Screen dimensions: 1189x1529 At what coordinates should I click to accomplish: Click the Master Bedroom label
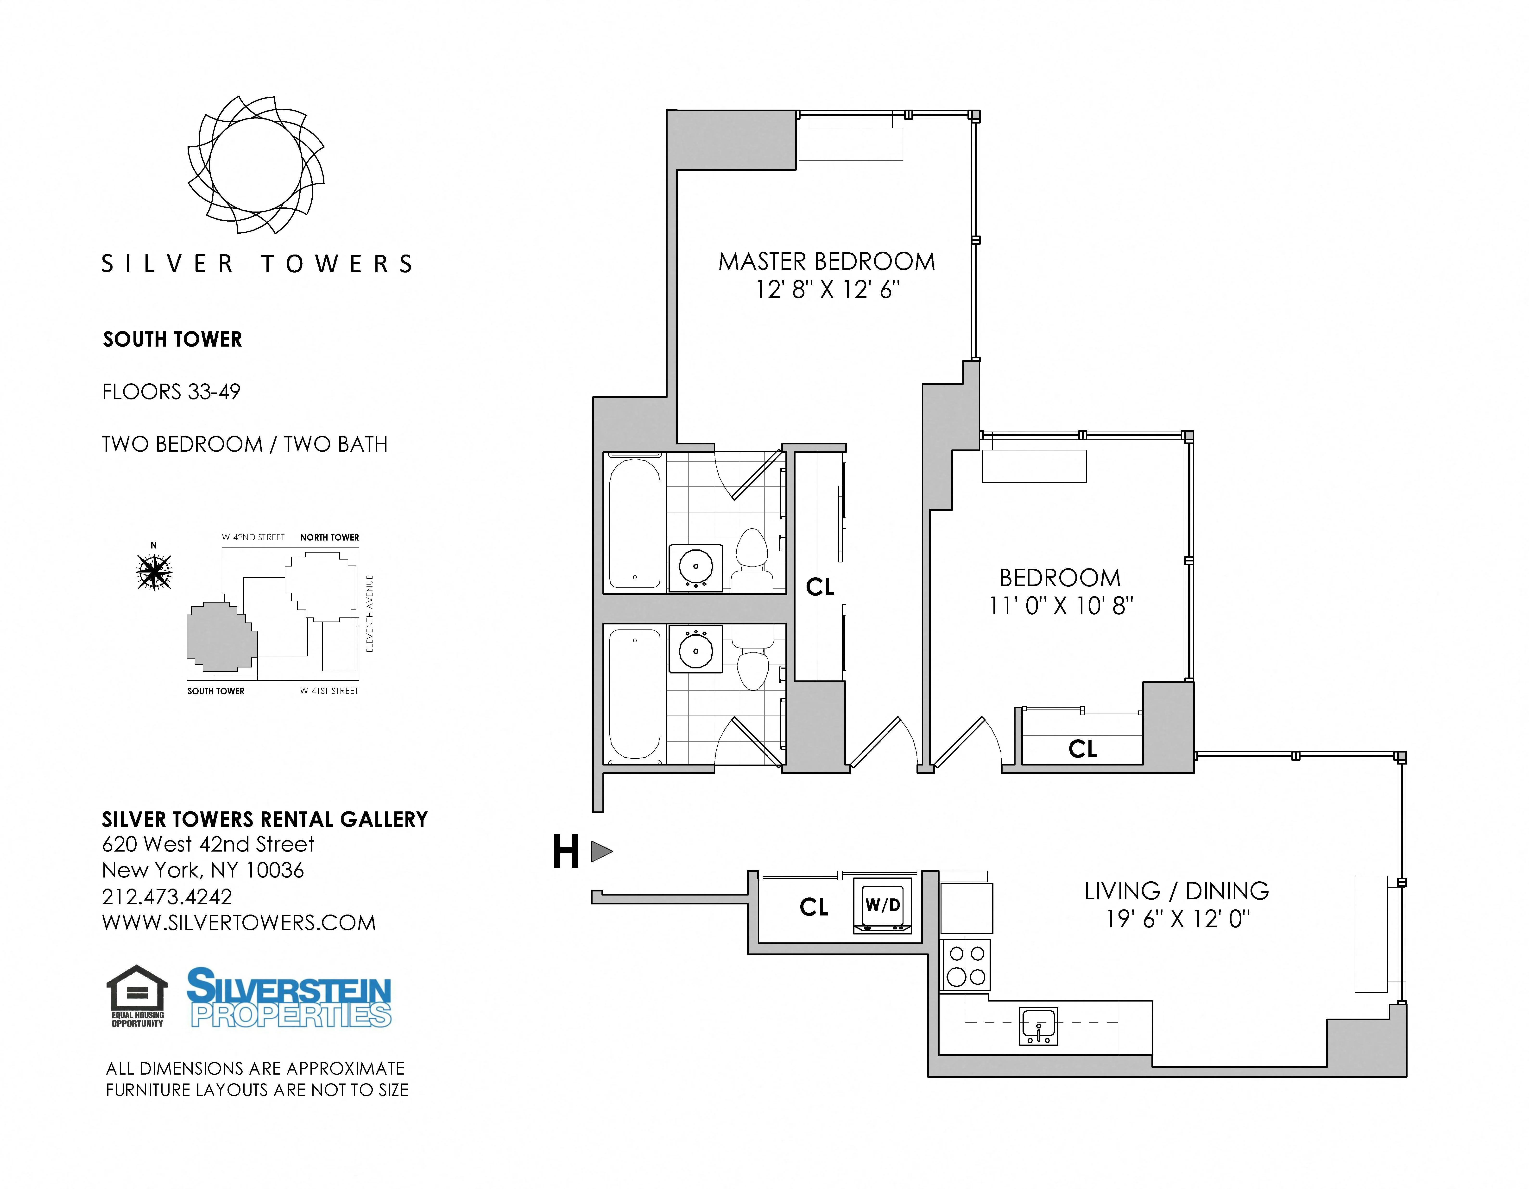pyautogui.click(x=826, y=262)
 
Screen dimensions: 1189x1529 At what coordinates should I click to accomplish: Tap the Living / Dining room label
pyautogui.click(x=1176, y=891)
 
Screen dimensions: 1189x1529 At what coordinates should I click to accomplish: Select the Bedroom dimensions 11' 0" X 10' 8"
pyautogui.click(x=1061, y=605)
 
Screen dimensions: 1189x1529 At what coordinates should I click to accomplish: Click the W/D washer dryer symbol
pyautogui.click(x=882, y=906)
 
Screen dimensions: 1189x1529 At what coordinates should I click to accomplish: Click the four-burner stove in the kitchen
pyautogui.click(x=966, y=964)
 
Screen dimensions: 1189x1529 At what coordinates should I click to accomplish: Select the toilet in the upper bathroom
pyautogui.click(x=753, y=560)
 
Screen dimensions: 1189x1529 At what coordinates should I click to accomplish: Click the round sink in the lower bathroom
pyautogui.click(x=696, y=650)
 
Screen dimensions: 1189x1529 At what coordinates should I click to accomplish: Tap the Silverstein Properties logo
pyautogui.click(x=289, y=997)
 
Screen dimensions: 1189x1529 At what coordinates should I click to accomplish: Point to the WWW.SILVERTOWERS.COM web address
pyautogui.click(x=239, y=923)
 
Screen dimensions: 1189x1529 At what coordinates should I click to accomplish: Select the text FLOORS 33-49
pyautogui.click(x=171, y=392)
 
